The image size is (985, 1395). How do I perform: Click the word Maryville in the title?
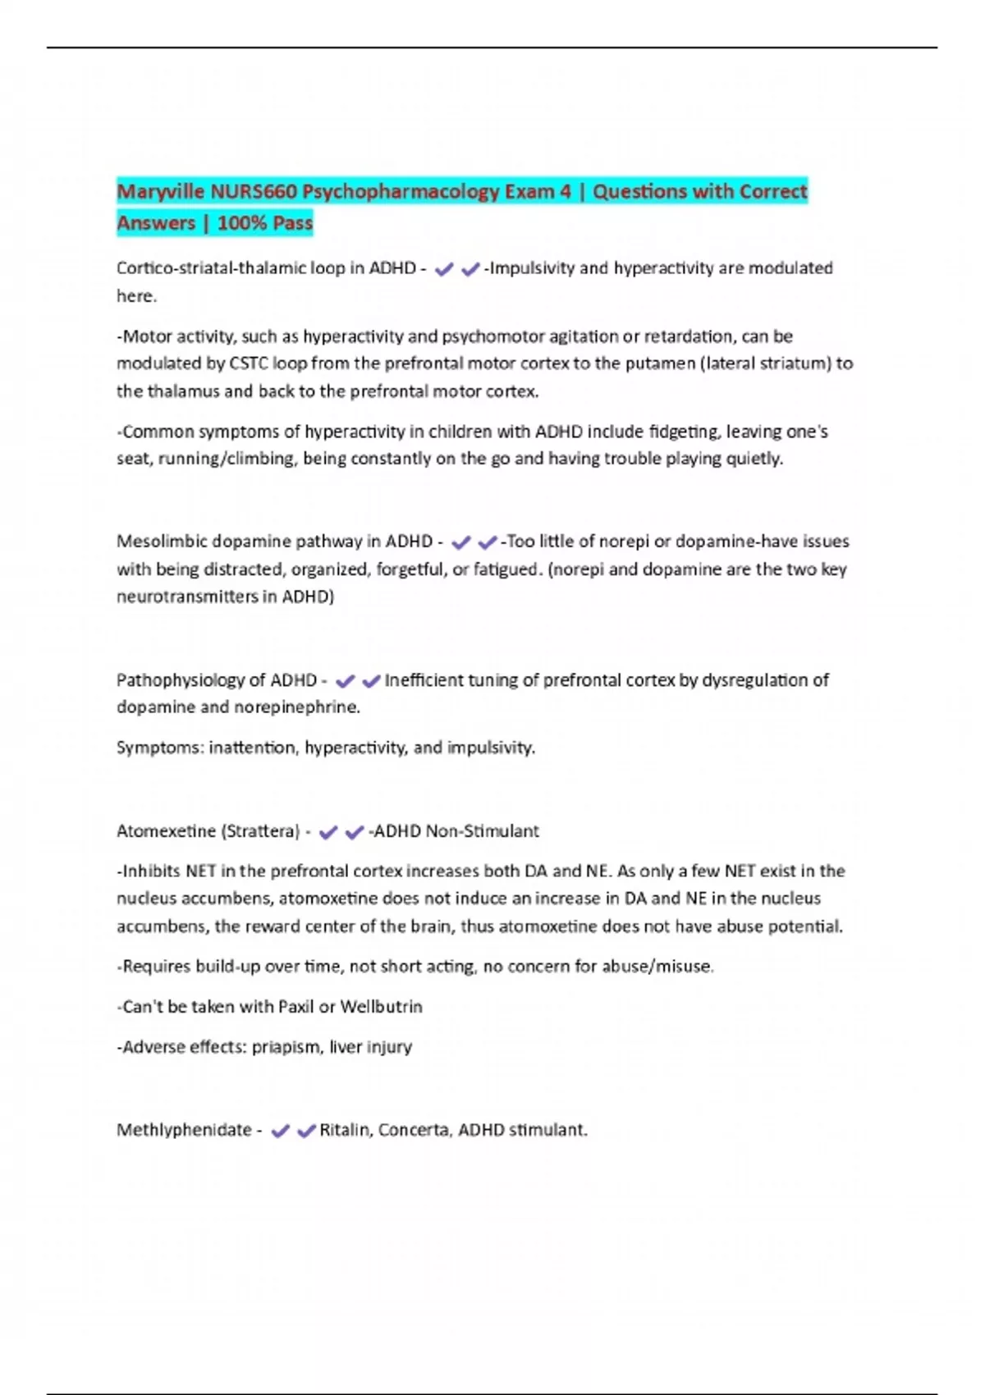160,192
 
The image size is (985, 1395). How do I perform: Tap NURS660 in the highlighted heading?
253,192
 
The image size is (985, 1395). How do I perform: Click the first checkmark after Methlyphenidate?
280,1131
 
